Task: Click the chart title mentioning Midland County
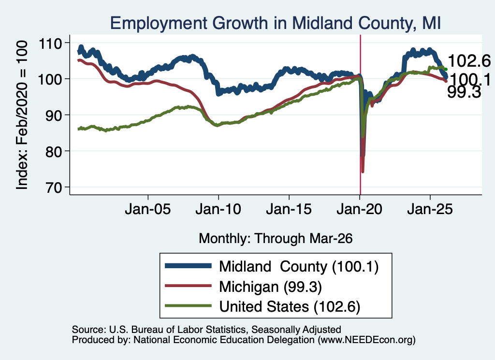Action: click(275, 23)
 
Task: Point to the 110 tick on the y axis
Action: click(50, 43)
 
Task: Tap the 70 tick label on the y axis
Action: click(54, 187)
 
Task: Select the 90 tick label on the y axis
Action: click(54, 115)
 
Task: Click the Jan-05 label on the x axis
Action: click(148, 209)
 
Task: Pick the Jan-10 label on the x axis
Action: click(218, 209)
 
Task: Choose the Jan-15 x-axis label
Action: click(289, 209)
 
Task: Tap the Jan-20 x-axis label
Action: click(359, 209)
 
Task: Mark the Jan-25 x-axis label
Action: click(430, 209)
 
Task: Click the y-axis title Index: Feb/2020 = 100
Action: click(22, 115)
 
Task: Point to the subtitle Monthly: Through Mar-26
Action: click(276, 239)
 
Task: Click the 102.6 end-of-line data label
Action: click(469, 60)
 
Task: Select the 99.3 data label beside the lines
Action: click(464, 92)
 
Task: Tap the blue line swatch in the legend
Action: click(188, 266)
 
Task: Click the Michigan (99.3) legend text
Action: click(271, 287)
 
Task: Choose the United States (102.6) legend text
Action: click(290, 307)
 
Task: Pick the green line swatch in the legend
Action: click(188, 306)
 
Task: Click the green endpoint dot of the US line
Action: click(446, 69)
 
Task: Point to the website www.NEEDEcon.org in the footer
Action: click(366, 340)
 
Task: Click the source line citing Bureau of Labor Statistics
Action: click(206, 330)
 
